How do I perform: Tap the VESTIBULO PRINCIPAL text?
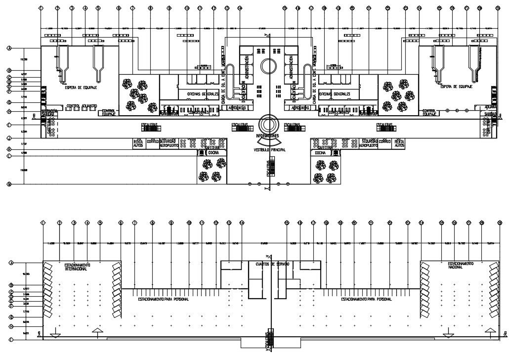pyautogui.click(x=269, y=149)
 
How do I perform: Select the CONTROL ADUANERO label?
pyautogui.click(x=82, y=105)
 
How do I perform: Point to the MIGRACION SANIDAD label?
pyautogui.click(x=49, y=113)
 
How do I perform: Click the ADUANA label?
pyautogui.click(x=491, y=106)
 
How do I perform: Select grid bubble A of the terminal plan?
pyautogui.click(x=9, y=48)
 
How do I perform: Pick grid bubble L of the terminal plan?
pyautogui.click(x=9, y=156)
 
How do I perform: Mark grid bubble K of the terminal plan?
pyautogui.click(x=9, y=149)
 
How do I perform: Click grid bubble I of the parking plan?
pyautogui.click(x=9, y=340)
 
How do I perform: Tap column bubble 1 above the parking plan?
pyautogui.click(x=42, y=223)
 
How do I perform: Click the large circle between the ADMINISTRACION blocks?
pyautogui.click(x=269, y=66)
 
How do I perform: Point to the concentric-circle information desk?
pyautogui.click(x=268, y=124)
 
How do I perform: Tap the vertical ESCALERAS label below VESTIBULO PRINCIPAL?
pyautogui.click(x=269, y=168)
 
